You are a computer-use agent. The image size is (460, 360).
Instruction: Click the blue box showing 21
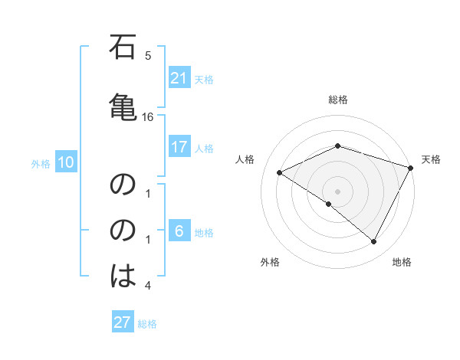point(179,77)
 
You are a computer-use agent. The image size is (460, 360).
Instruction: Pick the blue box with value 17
point(179,147)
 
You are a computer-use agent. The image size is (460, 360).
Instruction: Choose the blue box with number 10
point(65,162)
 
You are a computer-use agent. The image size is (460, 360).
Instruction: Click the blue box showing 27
point(123,322)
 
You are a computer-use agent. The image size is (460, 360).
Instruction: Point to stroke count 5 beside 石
point(148,55)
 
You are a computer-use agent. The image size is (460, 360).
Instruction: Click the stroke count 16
point(148,116)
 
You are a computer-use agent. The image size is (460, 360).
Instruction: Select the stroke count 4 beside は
point(148,286)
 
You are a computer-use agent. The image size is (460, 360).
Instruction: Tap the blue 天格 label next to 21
point(204,79)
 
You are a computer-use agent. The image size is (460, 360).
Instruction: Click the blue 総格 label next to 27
point(147,324)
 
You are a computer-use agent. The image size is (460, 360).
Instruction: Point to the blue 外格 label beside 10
point(41,163)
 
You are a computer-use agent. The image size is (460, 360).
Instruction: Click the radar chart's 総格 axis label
point(337,100)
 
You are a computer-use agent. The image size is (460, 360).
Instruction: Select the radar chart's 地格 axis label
point(402,263)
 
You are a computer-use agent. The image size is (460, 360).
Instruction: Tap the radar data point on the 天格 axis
point(411,168)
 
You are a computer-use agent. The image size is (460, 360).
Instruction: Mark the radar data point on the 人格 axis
point(280,173)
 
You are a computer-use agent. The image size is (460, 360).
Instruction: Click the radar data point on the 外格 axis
point(329,204)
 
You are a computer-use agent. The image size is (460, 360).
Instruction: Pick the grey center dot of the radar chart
point(337,191)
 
